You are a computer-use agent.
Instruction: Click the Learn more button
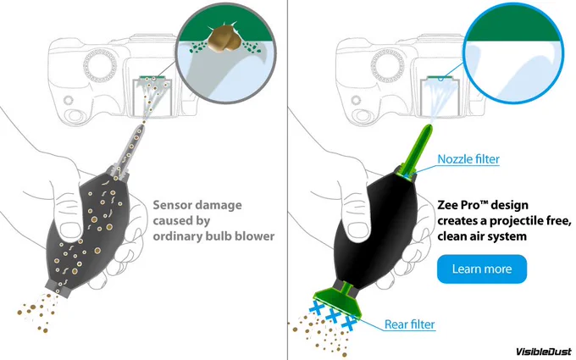click(482, 269)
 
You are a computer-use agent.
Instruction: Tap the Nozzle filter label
click(468, 159)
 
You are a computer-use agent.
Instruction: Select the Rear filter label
click(410, 324)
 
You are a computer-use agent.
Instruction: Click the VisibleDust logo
click(544, 352)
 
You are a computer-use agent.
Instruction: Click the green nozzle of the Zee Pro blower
click(419, 150)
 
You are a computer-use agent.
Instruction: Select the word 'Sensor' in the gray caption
click(172, 205)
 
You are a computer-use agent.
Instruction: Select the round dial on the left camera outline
click(100, 66)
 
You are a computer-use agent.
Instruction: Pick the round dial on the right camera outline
click(387, 66)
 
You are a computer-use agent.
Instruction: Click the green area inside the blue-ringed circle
click(514, 28)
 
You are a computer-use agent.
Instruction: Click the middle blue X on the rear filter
click(332, 315)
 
